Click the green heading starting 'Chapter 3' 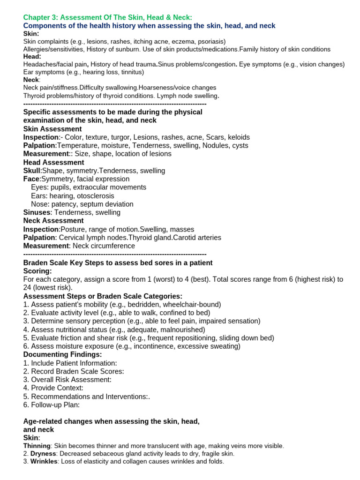107,17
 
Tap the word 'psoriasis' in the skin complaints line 210,42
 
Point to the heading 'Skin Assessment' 52,129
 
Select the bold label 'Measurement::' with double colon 46,154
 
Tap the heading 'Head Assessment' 53,162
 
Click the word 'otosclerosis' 96,195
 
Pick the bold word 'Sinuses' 37,212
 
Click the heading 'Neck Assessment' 53,221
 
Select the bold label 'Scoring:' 37,271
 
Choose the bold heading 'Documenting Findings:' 62,354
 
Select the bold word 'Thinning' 37,446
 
